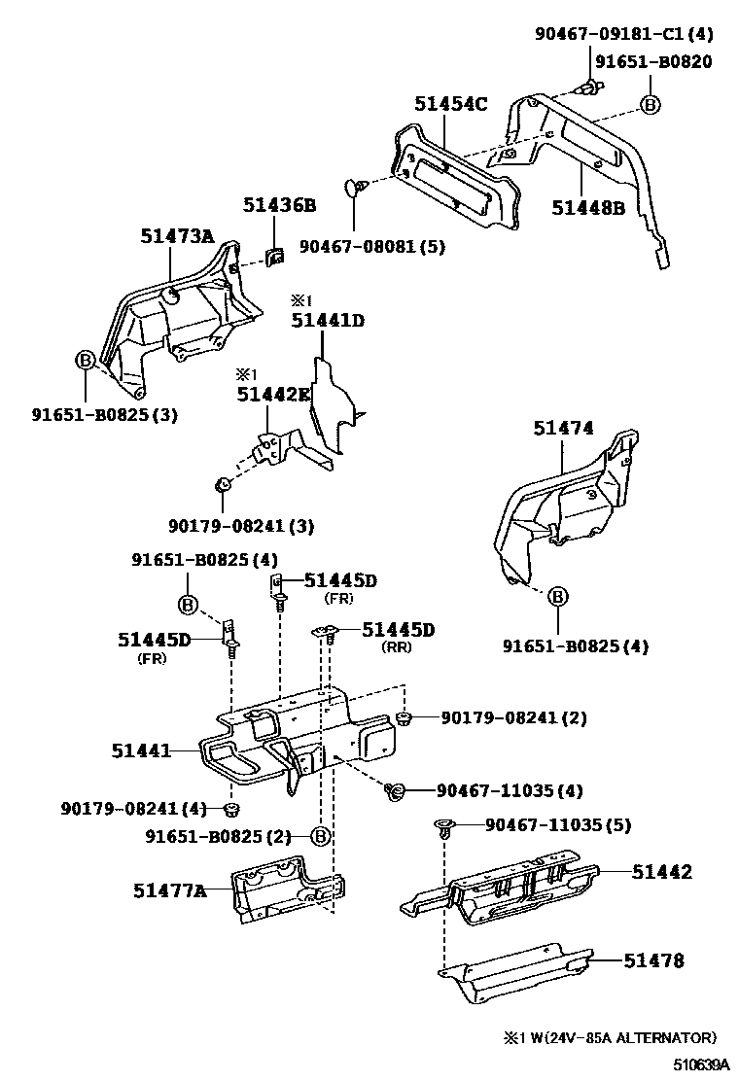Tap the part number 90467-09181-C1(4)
pyautogui.click(x=623, y=34)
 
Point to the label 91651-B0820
pyautogui.click(x=652, y=62)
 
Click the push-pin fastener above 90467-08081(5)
pyautogui.click(x=356, y=186)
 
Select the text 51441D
pyautogui.click(x=327, y=320)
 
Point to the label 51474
pyautogui.click(x=563, y=428)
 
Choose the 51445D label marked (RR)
pyautogui.click(x=398, y=630)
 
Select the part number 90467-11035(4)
pyautogui.click(x=510, y=790)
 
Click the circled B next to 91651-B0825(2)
pyautogui.click(x=320, y=835)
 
